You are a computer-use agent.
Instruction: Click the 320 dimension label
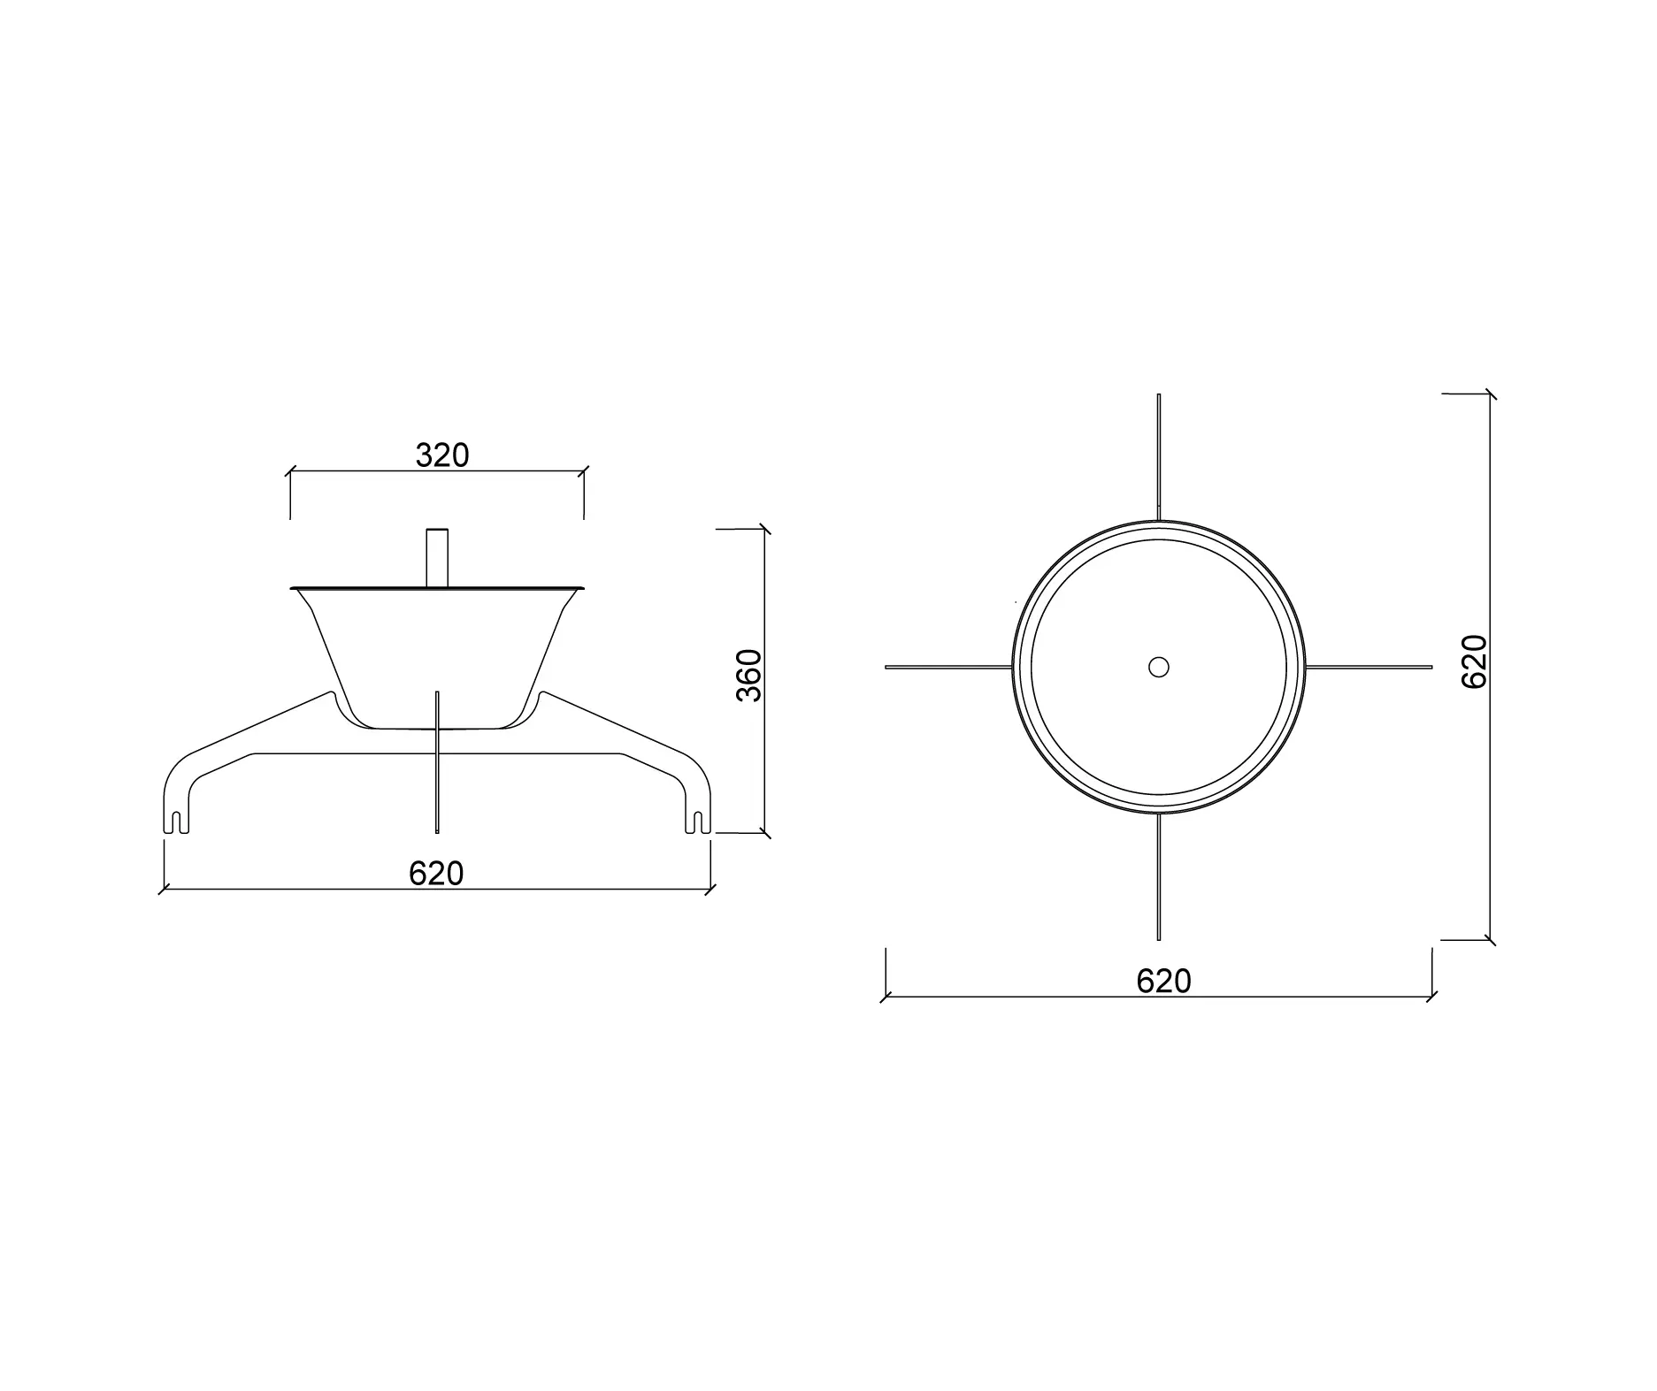(442, 455)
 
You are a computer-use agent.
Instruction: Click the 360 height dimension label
(749, 676)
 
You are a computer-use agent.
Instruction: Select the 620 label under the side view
(436, 874)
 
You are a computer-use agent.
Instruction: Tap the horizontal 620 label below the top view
(1163, 982)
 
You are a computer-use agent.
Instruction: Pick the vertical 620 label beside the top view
(1475, 661)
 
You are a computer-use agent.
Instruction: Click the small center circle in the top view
(1158, 667)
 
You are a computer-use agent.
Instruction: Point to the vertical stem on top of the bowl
(437, 557)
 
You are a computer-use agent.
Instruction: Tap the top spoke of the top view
(1158, 455)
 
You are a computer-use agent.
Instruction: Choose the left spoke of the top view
(947, 667)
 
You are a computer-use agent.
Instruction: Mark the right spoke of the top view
(1369, 667)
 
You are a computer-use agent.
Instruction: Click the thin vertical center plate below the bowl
(437, 778)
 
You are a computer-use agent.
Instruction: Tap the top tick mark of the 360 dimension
(764, 529)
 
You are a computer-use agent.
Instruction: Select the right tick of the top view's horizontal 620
(1431, 997)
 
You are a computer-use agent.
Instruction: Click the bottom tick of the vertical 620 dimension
(1490, 940)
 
